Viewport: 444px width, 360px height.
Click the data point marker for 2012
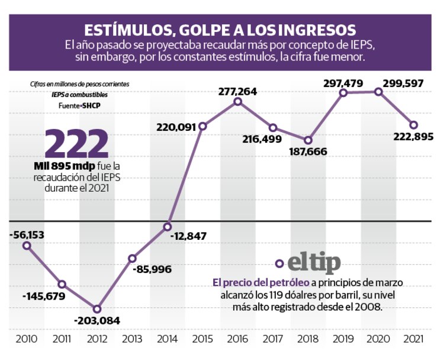pyautogui.click(x=97, y=308)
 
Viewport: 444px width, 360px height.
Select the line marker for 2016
pyautogui.click(x=237, y=102)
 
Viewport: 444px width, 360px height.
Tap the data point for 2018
pyautogui.click(x=308, y=140)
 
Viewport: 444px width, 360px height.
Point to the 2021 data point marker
pyautogui.click(x=414, y=125)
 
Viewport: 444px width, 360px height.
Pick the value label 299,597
pyautogui.click(x=403, y=83)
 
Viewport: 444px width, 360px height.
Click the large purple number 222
pyautogui.click(x=77, y=144)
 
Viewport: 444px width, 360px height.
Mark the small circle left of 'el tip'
pyautogui.click(x=279, y=264)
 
